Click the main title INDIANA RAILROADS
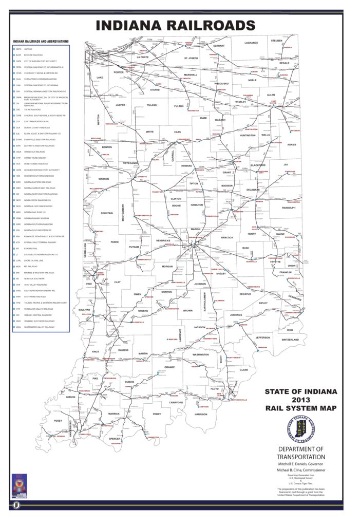(176, 26)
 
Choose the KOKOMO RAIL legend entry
(28, 249)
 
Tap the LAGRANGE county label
(251, 43)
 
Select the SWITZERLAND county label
(290, 340)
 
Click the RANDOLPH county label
(289, 208)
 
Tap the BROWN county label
(188, 310)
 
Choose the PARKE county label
(115, 241)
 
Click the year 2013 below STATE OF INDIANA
(301, 400)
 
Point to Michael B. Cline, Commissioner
(301, 470)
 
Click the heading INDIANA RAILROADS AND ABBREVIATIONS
(41, 41)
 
